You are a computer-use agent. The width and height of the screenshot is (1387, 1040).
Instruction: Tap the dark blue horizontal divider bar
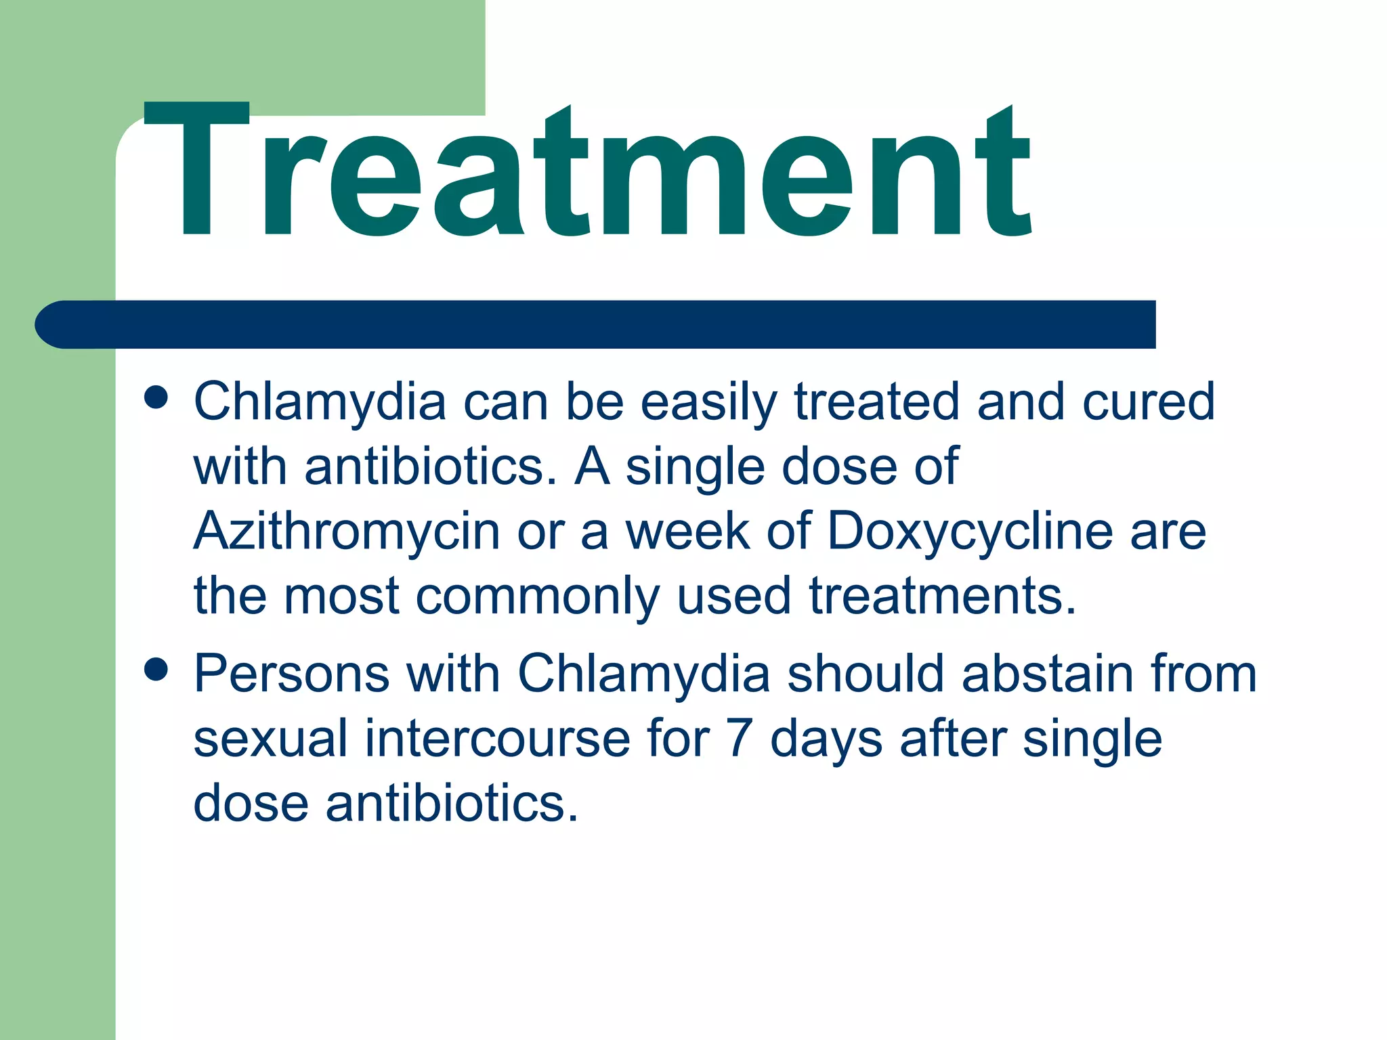[596, 324]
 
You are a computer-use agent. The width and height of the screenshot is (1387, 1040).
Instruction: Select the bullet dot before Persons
[156, 670]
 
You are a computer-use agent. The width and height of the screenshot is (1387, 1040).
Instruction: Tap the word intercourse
[497, 739]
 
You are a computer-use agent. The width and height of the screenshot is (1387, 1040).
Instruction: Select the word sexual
[270, 739]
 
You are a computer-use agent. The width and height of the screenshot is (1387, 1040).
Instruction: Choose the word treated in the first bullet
[877, 402]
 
